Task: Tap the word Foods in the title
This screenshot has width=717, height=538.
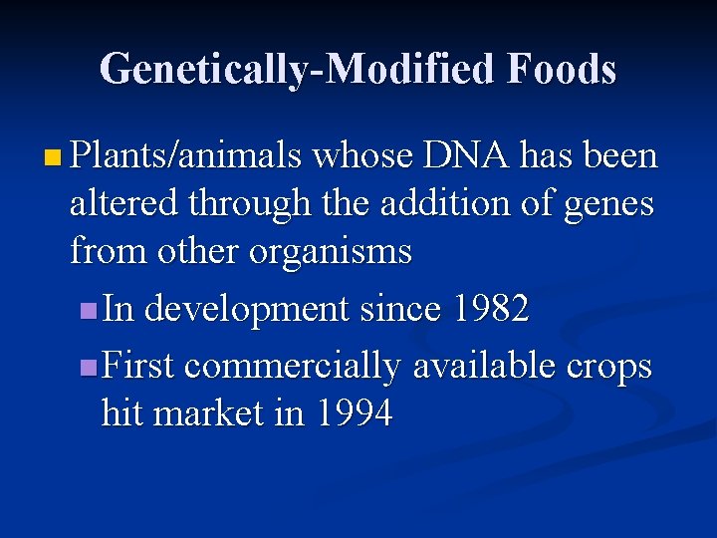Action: point(562,70)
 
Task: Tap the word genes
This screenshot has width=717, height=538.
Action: point(608,205)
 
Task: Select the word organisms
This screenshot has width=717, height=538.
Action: point(331,252)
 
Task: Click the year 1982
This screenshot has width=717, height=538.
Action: point(489,310)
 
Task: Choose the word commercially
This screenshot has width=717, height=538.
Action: point(292,367)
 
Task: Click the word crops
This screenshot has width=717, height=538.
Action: point(609,368)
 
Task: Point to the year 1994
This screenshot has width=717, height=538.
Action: point(353,413)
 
